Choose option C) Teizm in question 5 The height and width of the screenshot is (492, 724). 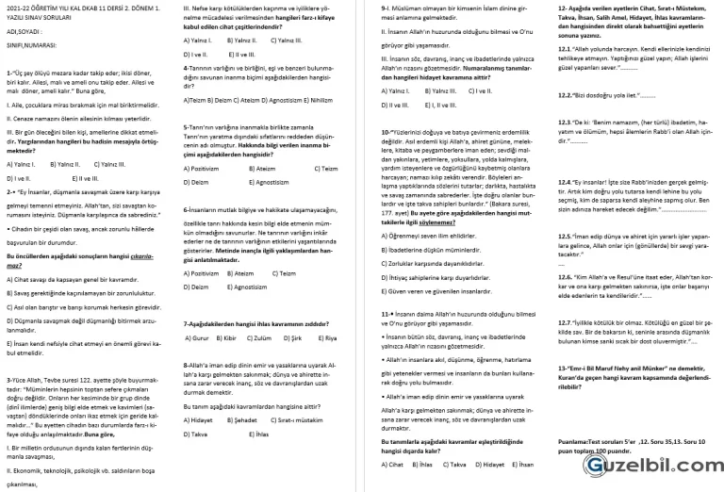(325, 168)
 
